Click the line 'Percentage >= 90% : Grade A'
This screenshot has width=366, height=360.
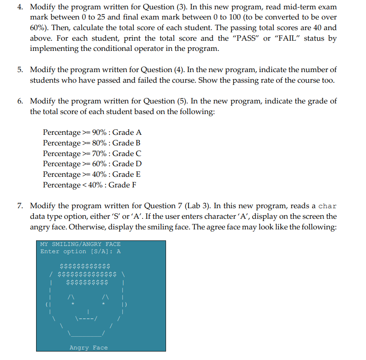tap(92, 133)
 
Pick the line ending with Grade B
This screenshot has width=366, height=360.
tap(92, 143)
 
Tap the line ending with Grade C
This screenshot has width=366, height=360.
tap(92, 153)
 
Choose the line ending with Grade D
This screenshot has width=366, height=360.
tap(92, 164)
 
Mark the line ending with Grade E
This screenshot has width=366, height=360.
tap(92, 174)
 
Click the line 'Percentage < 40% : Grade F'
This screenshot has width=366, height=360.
tap(89, 185)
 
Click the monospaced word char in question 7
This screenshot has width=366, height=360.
tap(327, 207)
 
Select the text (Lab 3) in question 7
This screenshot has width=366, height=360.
tap(200, 206)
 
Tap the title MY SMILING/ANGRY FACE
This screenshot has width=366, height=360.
tap(80, 244)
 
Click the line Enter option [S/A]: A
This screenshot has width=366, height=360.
tap(80, 251)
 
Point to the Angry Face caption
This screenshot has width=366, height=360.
tap(88, 348)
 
